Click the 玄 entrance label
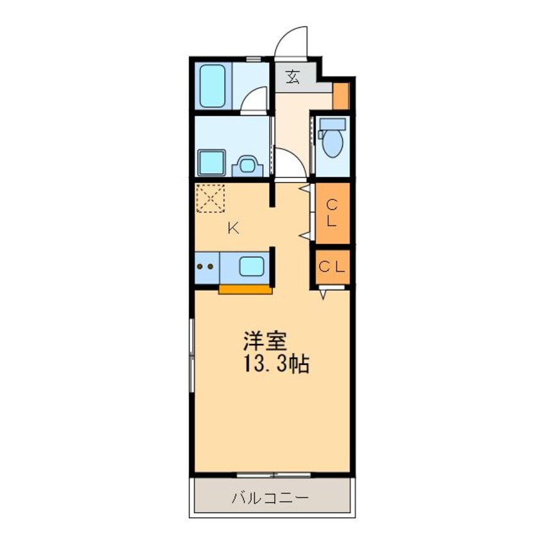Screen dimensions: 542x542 tap(293, 78)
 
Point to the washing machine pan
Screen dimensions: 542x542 tap(211, 163)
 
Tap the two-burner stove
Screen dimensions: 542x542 tap(206, 267)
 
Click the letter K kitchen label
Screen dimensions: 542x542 tap(234, 228)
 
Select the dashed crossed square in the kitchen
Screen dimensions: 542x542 tap(210, 198)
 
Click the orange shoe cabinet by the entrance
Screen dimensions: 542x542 tap(341, 96)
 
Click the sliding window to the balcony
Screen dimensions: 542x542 tap(274, 475)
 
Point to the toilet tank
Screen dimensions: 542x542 tap(332, 124)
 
